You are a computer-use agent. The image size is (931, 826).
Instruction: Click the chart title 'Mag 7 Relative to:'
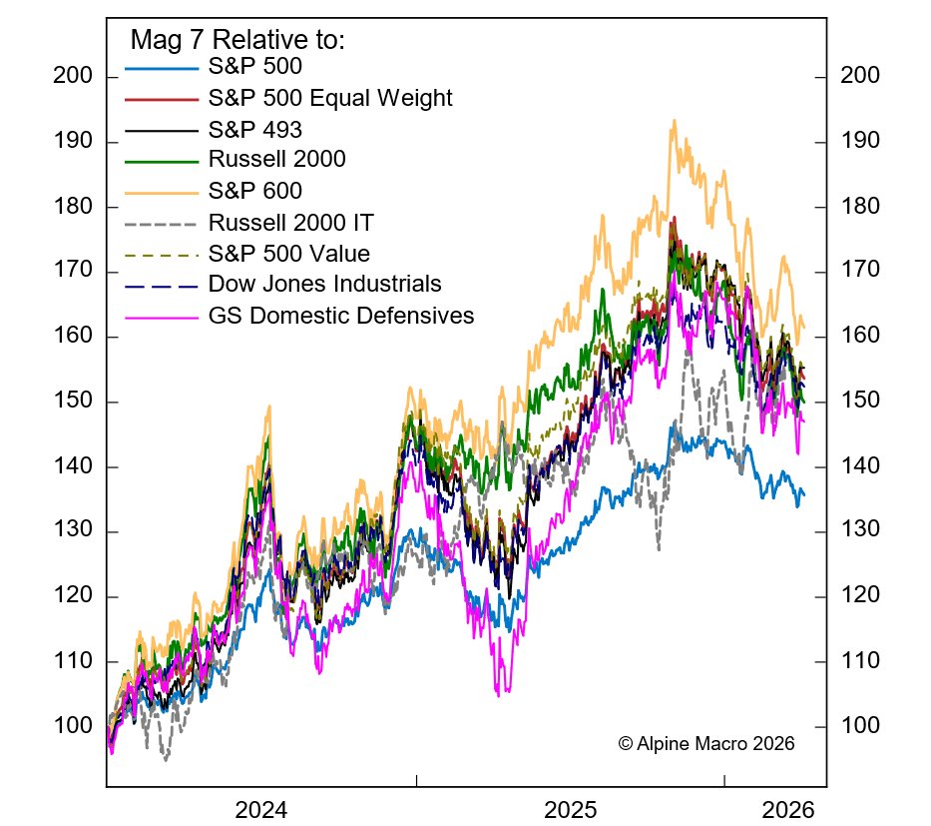(237, 41)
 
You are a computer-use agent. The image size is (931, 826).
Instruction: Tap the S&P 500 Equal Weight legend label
(330, 98)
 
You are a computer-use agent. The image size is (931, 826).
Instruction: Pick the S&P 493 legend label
(255, 129)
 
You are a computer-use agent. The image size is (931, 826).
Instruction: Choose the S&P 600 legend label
(255, 191)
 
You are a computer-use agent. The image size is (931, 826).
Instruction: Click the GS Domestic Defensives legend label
(341, 316)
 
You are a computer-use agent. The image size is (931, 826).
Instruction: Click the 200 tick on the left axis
(76, 77)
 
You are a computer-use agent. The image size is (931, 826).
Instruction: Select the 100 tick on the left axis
(76, 726)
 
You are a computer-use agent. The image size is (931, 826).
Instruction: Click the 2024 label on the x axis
(261, 808)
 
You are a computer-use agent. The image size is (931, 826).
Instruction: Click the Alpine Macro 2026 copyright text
(705, 743)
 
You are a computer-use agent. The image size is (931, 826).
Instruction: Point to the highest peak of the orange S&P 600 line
(675, 121)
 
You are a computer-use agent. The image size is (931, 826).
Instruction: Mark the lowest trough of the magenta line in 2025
(498, 693)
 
